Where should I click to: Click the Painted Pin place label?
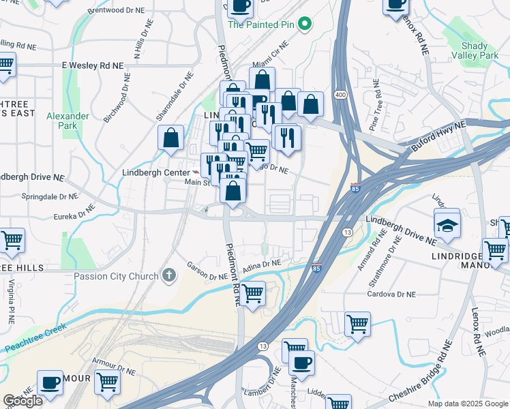(262, 25)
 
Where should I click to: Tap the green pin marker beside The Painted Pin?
(306, 25)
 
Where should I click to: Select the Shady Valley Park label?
(469, 50)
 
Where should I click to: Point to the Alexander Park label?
(67, 121)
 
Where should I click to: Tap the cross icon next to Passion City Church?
(169, 275)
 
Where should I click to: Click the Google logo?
(22, 400)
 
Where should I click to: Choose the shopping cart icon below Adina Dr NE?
(253, 294)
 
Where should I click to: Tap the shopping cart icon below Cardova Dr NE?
(357, 323)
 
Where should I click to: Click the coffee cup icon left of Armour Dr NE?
(50, 382)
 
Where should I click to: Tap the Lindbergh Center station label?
(155, 172)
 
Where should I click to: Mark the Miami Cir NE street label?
(271, 55)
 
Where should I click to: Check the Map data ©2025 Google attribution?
(467, 404)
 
